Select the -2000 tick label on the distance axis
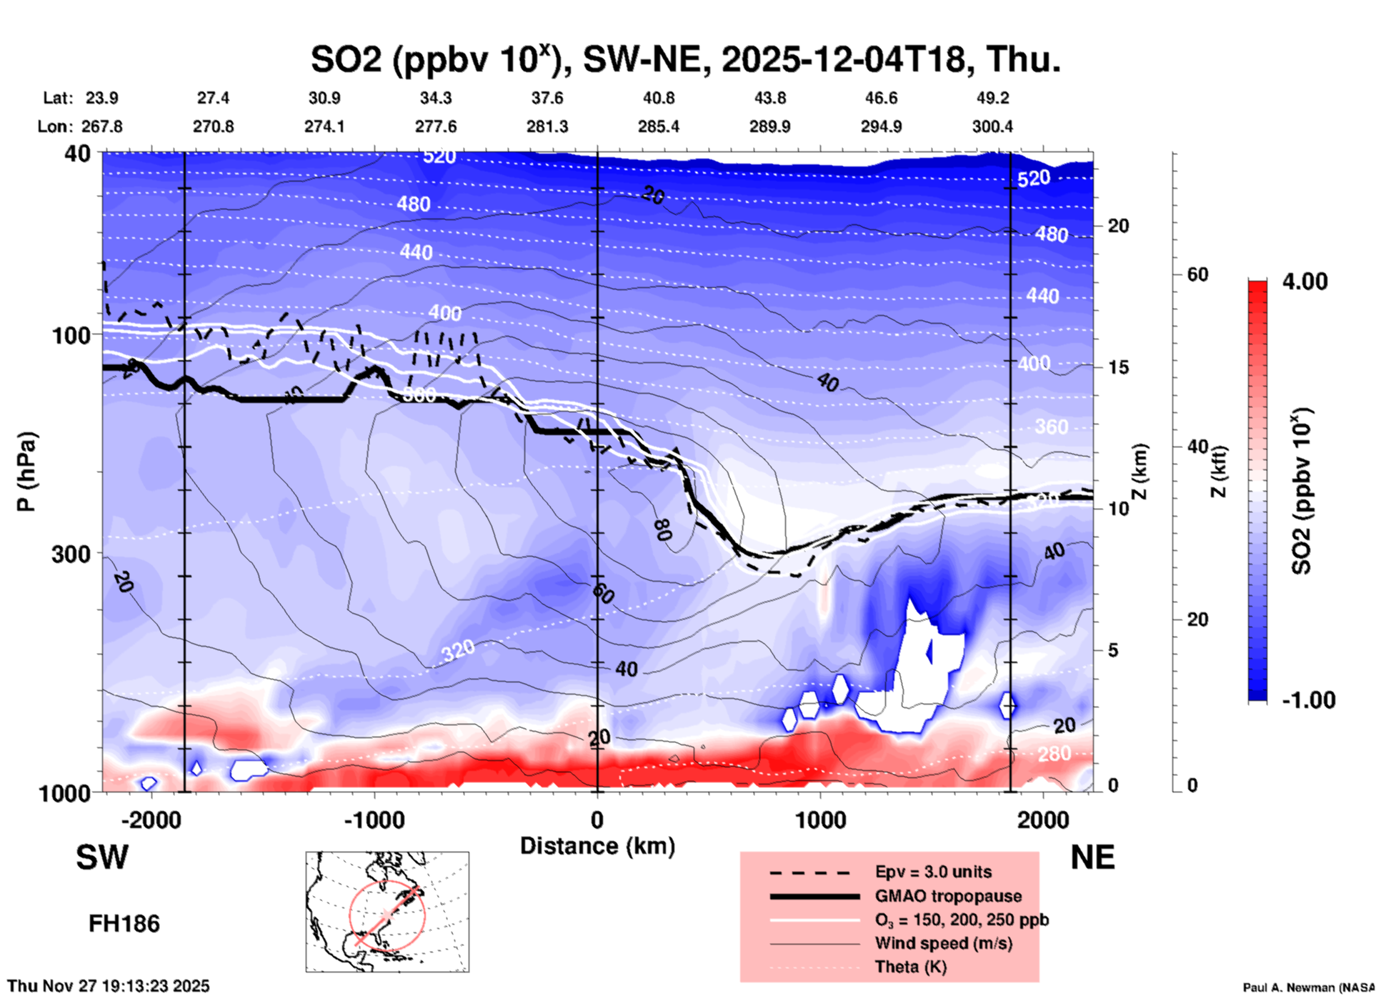tap(151, 820)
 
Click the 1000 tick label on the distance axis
tap(820, 820)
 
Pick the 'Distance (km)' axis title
tap(597, 846)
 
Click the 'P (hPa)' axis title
tap(26, 472)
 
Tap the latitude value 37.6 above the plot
tap(547, 98)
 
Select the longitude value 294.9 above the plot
tap(881, 126)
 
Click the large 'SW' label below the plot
tap(102, 857)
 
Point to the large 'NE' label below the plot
tap(1092, 857)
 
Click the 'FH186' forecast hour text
tap(124, 924)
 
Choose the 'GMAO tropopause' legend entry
tap(948, 896)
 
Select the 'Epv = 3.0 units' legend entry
tap(933, 872)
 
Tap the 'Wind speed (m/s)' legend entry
tap(943, 943)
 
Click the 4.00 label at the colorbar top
tap(1305, 282)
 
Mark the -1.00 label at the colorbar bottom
tap(1308, 700)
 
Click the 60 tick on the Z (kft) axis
tap(1197, 274)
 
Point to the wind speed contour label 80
tap(662, 529)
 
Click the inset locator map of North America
tap(387, 911)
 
